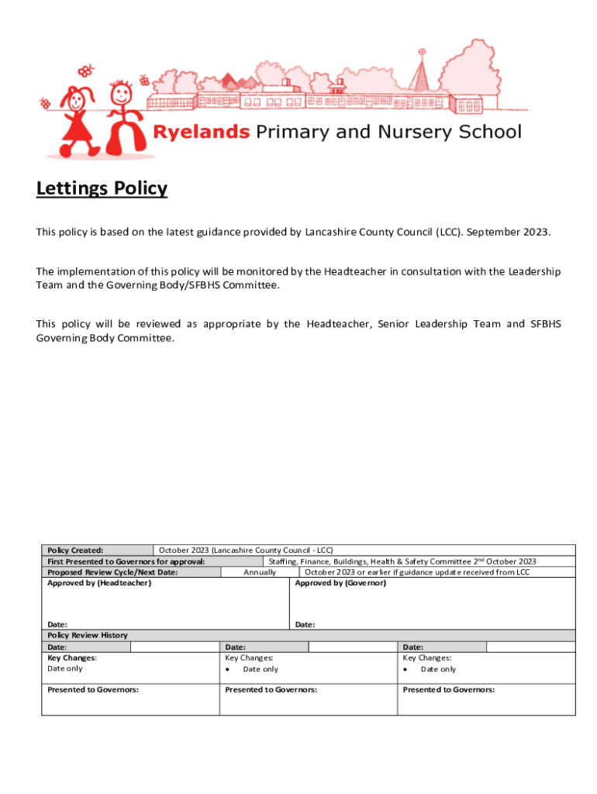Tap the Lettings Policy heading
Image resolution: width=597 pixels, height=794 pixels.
(x=102, y=188)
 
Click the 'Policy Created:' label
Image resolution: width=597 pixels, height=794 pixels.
(x=76, y=550)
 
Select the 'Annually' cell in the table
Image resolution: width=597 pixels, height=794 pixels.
(x=260, y=572)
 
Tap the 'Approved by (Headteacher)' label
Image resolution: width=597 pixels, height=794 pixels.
(x=99, y=583)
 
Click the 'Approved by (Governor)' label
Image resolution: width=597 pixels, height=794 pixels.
(x=340, y=583)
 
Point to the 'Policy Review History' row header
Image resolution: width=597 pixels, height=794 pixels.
(x=88, y=635)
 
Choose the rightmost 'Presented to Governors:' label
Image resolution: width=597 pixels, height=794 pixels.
(x=448, y=689)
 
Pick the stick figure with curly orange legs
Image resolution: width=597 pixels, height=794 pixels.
(x=124, y=116)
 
